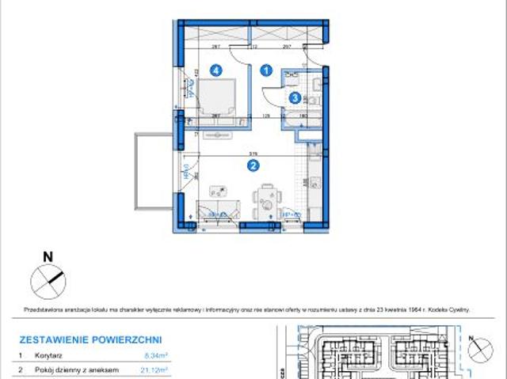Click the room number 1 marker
coord(267,70)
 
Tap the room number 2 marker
coord(253,165)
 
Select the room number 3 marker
coord(295,98)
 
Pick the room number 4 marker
coord(215,70)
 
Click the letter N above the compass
coord(48,256)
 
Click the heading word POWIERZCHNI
coord(125,339)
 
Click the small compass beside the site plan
coord(479,346)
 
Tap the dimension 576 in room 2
coord(251,154)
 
